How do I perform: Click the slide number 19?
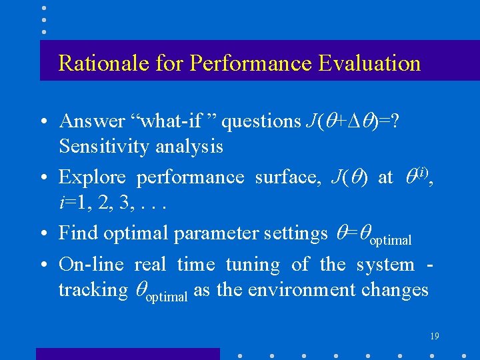point(434,337)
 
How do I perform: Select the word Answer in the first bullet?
point(91,121)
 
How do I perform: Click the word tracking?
point(92,290)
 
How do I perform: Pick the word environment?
point(318,290)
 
